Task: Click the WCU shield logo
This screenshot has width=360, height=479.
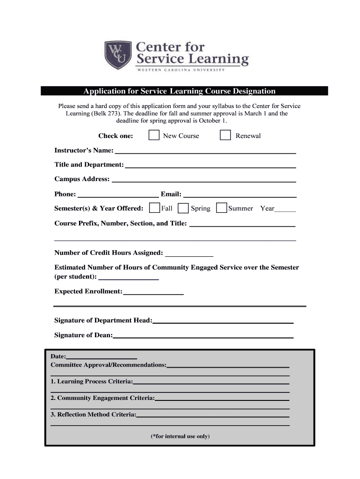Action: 118,55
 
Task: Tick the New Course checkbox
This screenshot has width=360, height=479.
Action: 153,136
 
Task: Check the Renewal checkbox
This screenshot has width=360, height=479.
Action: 225,136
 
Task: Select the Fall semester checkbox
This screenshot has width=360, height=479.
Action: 154,208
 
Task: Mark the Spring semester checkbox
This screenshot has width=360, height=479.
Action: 184,208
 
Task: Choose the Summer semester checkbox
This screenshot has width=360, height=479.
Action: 222,208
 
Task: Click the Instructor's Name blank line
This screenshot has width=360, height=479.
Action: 206,152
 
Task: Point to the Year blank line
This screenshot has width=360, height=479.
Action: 285,210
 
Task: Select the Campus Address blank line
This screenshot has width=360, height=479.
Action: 204,181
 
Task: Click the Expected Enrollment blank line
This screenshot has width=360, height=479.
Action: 153,293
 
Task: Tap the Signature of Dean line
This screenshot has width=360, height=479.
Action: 203,336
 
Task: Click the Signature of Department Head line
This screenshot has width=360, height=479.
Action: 223,322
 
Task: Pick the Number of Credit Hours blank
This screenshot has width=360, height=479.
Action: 189,255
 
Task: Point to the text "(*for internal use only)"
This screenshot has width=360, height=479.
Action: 180,436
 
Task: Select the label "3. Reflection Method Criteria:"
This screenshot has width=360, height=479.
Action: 94,415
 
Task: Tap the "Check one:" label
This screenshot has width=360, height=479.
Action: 115,136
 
